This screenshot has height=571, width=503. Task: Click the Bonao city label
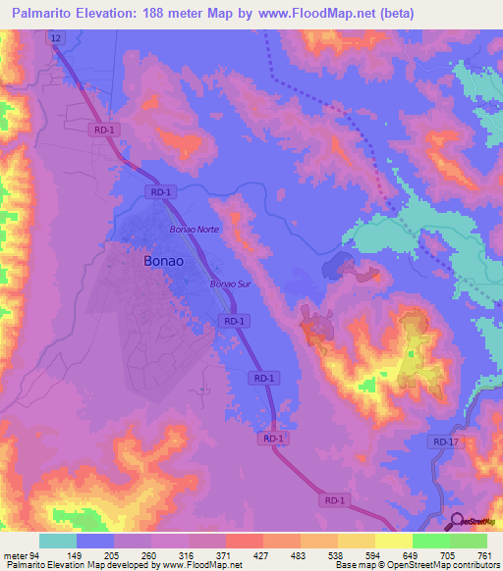pos(162,262)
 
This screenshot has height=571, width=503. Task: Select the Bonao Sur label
pos(231,285)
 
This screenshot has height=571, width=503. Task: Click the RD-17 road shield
pos(445,442)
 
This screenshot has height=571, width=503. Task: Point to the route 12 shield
pos(57,36)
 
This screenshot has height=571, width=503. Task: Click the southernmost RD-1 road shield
pos(335,500)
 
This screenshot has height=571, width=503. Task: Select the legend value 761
pos(485,554)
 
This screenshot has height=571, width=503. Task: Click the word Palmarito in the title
pos(43,13)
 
